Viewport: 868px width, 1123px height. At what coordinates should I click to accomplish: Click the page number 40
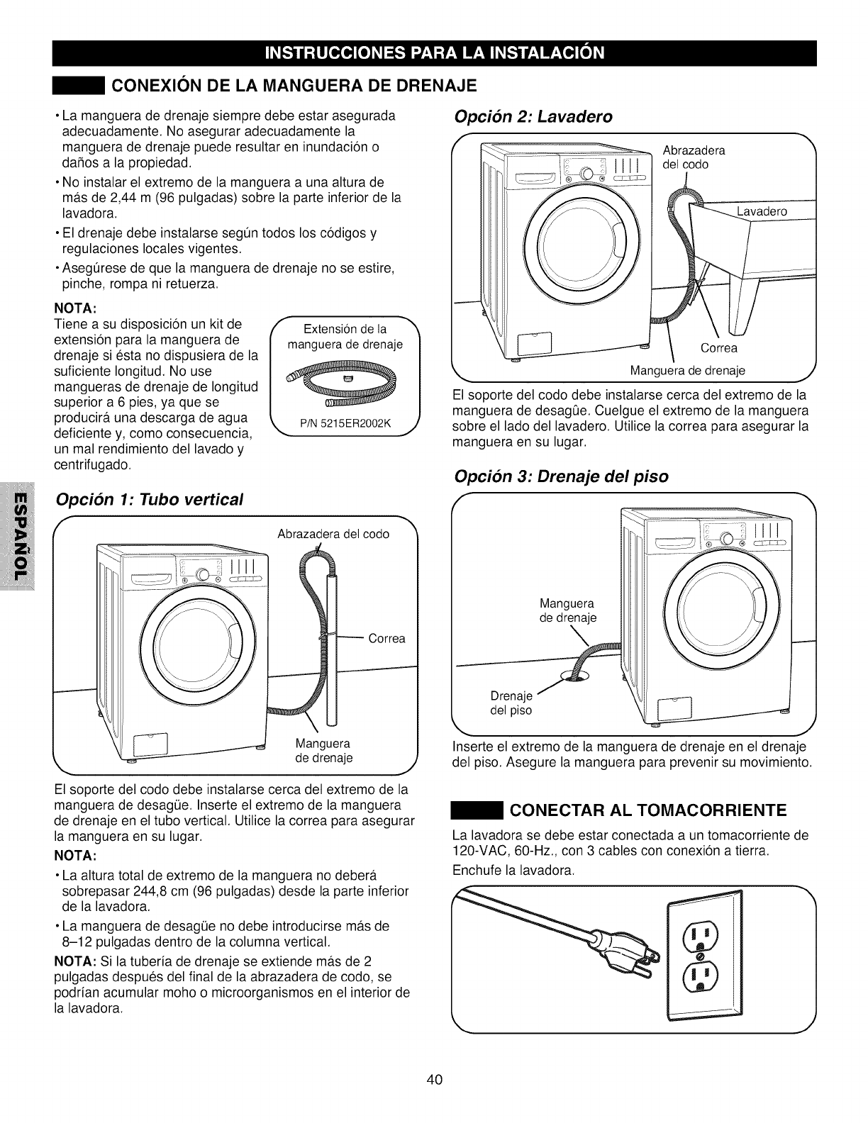[x=434, y=1080]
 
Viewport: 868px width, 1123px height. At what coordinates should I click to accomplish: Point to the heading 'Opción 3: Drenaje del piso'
[x=561, y=476]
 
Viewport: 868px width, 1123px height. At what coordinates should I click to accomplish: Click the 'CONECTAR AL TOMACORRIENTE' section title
[x=648, y=810]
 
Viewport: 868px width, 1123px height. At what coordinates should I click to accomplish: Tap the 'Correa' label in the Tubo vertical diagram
[x=386, y=639]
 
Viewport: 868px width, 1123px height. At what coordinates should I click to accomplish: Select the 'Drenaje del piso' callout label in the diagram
[x=511, y=703]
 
